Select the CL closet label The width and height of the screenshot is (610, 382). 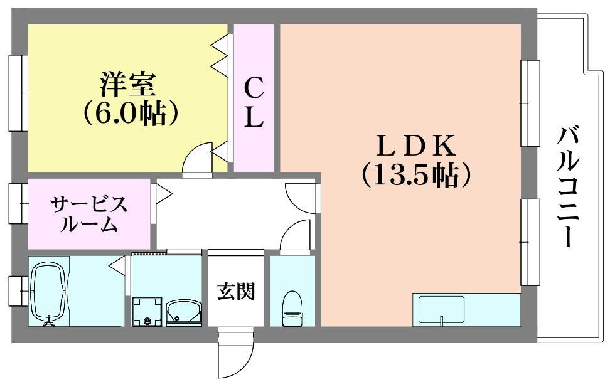click(254, 102)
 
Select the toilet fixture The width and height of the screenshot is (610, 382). click(292, 309)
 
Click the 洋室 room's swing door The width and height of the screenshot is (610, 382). click(198, 159)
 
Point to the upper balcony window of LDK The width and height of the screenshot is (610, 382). click(530, 103)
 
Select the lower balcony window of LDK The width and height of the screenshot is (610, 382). click(530, 241)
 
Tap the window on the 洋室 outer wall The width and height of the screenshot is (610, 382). click(18, 92)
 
